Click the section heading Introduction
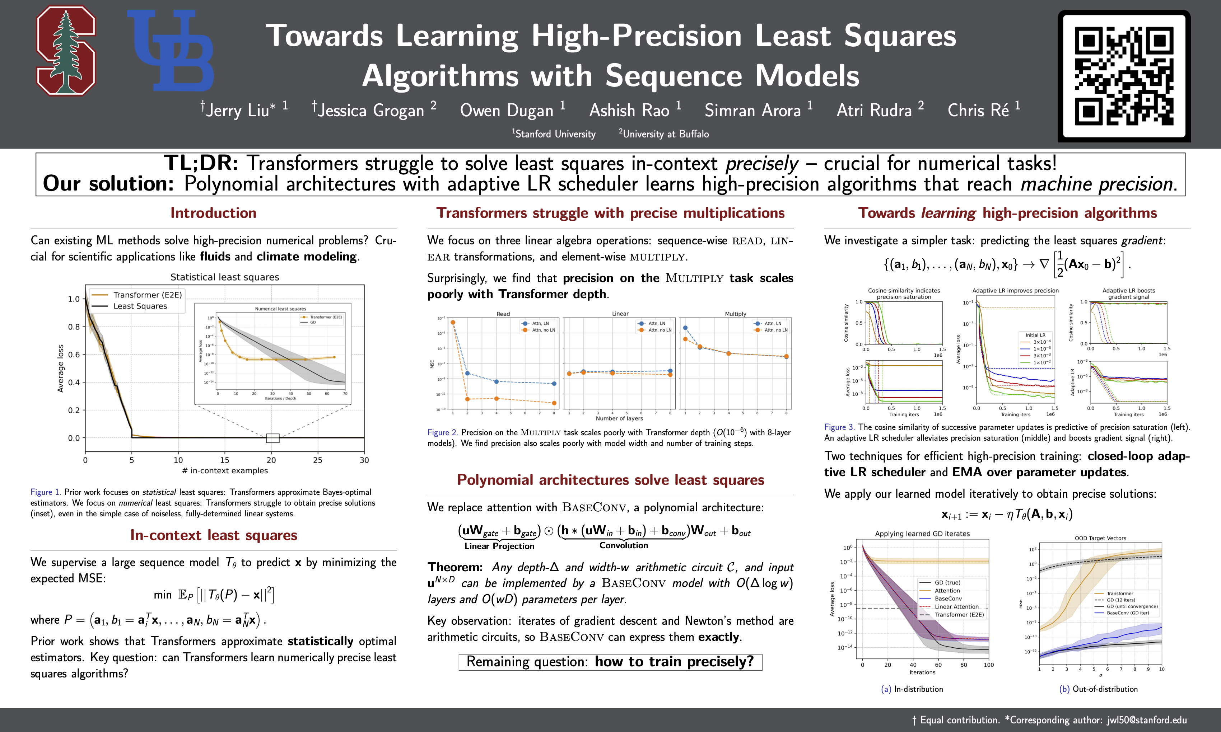[x=213, y=212]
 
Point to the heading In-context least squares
[x=213, y=535]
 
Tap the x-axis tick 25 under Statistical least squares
[x=317, y=460]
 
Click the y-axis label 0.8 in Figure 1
[x=74, y=327]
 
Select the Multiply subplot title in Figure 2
[x=735, y=314]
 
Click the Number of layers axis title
[x=619, y=418]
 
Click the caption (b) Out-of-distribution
[x=1098, y=689]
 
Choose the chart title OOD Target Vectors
[x=1100, y=538]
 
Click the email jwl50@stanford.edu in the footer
[x=1146, y=720]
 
